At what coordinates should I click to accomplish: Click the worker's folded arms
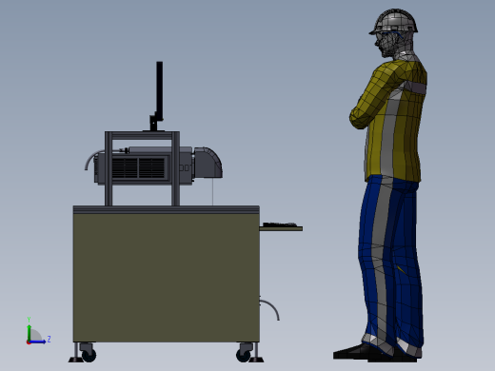click(376, 100)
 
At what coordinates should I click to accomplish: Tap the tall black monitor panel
click(159, 90)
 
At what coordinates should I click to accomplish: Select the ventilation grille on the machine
click(138, 168)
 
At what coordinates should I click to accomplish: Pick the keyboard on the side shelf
click(279, 225)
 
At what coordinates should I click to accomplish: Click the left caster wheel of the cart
click(89, 354)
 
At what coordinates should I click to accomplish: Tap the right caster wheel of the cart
click(245, 354)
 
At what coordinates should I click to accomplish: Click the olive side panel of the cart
click(166, 276)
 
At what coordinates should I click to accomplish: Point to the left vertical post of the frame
click(109, 171)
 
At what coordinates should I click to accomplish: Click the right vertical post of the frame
click(175, 171)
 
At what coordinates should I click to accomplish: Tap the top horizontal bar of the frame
click(142, 135)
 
